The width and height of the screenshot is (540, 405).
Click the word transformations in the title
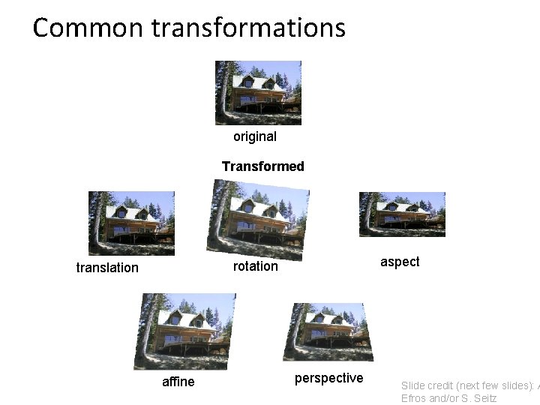click(x=248, y=28)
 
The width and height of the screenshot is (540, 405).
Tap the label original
click(x=255, y=136)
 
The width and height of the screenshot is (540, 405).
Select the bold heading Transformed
click(x=263, y=166)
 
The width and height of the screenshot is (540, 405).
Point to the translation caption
click(x=107, y=268)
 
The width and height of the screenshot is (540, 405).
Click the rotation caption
click(x=255, y=266)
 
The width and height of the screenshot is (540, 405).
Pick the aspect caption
click(x=400, y=262)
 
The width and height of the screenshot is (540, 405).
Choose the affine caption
click(x=178, y=382)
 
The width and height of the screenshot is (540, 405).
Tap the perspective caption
click(x=328, y=378)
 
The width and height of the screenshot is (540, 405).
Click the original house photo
click(x=258, y=92)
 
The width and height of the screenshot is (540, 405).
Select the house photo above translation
click(x=131, y=223)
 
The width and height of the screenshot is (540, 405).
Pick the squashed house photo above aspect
click(x=402, y=214)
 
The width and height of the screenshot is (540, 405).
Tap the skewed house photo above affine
click(x=184, y=331)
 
